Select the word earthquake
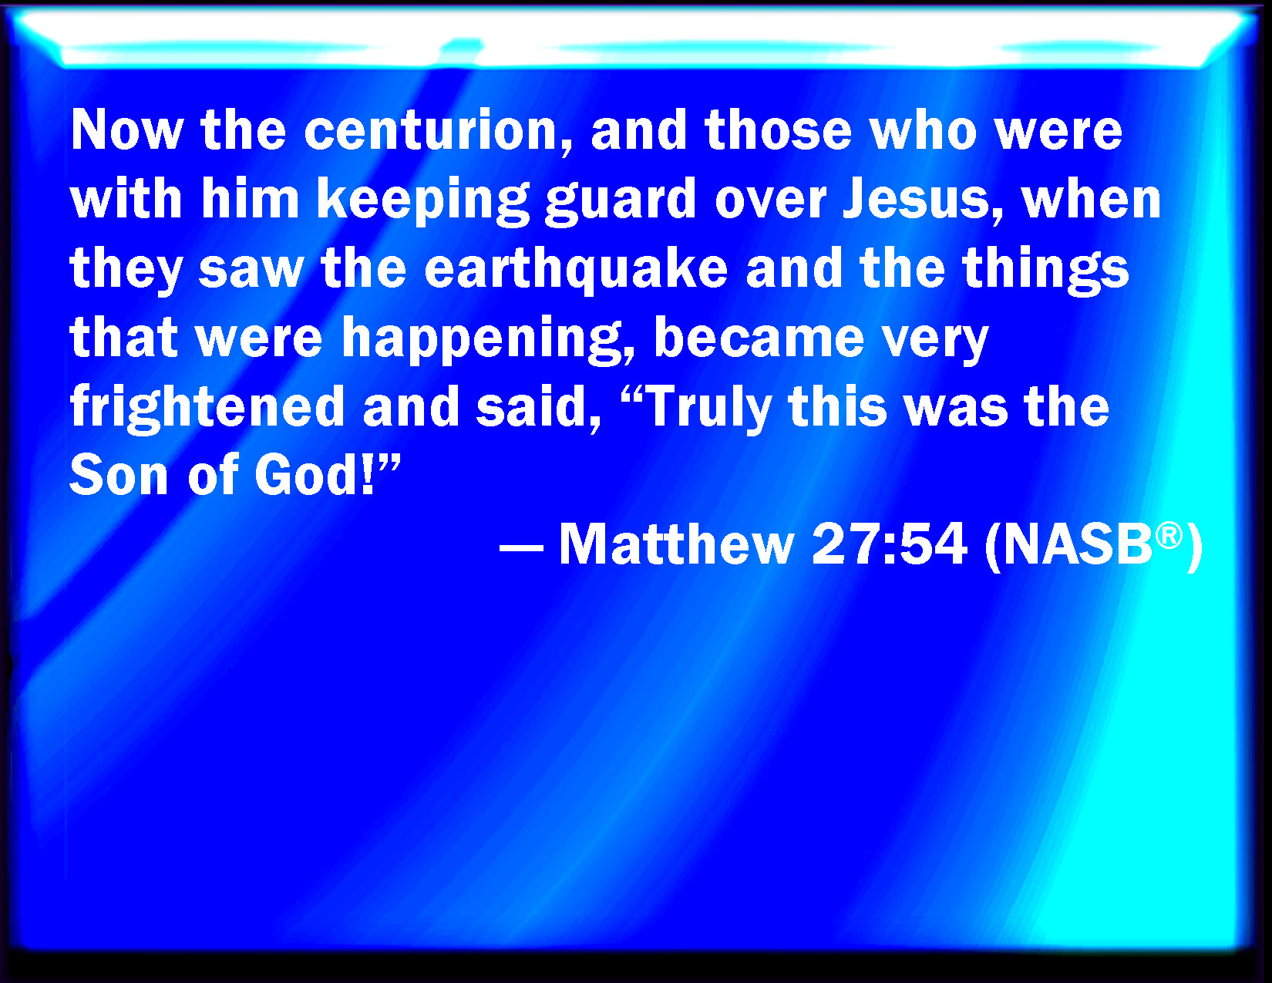(576, 270)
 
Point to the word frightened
(207, 408)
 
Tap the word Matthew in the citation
(677, 544)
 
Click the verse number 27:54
(889, 544)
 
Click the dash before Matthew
(521, 551)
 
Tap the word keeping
(423, 200)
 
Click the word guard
(621, 200)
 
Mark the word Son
(119, 475)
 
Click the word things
(1045, 270)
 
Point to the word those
(778, 131)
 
